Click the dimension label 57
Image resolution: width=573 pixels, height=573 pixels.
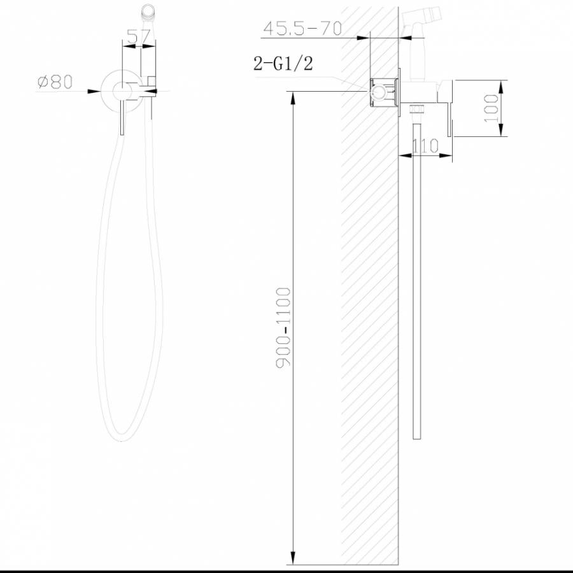[139, 36]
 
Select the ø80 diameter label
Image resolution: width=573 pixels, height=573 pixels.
[55, 82]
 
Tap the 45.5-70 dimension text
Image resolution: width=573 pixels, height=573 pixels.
[302, 29]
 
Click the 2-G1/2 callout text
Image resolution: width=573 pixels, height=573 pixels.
[283, 63]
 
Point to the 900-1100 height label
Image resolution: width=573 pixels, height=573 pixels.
[283, 328]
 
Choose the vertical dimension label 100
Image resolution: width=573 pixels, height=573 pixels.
[490, 108]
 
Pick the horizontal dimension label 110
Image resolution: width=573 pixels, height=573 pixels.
[425, 146]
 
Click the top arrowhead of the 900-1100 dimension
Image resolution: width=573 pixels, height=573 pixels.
[293, 98]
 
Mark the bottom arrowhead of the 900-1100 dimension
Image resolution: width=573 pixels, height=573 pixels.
[293, 558]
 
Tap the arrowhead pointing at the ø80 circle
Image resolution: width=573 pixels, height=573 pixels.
[94, 91]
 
